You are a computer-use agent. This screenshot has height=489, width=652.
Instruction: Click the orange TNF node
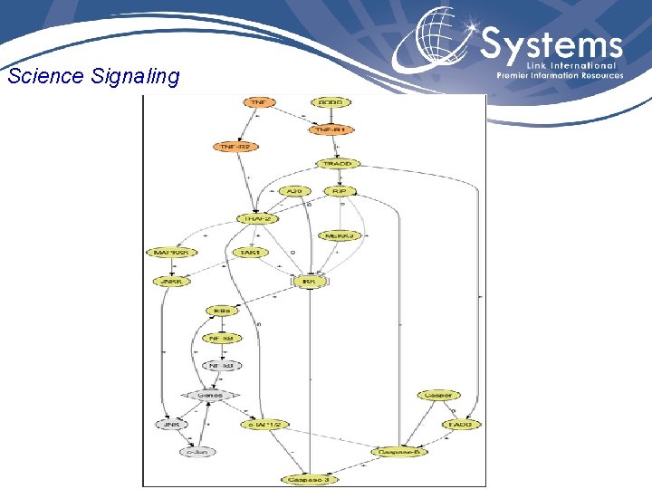[258, 101]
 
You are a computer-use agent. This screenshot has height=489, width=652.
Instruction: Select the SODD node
[331, 101]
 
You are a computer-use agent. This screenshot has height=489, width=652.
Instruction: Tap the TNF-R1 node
[331, 129]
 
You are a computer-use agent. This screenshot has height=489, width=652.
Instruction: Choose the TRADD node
[338, 164]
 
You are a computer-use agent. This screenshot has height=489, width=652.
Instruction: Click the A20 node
[294, 191]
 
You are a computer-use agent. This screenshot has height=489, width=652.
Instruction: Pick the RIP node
[340, 191]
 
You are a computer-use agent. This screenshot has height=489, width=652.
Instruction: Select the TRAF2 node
[255, 218]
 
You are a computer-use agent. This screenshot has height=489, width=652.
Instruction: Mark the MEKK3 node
[340, 236]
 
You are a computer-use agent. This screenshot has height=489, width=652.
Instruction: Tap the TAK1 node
[249, 253]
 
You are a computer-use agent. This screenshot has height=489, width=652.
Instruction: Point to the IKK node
[308, 282]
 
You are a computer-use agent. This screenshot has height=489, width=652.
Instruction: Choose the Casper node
[437, 395]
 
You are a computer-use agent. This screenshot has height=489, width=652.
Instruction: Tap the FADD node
[461, 424]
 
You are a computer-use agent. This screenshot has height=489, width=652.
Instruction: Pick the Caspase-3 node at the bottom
[310, 478]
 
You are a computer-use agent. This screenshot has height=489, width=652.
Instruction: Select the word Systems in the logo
[551, 44]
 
